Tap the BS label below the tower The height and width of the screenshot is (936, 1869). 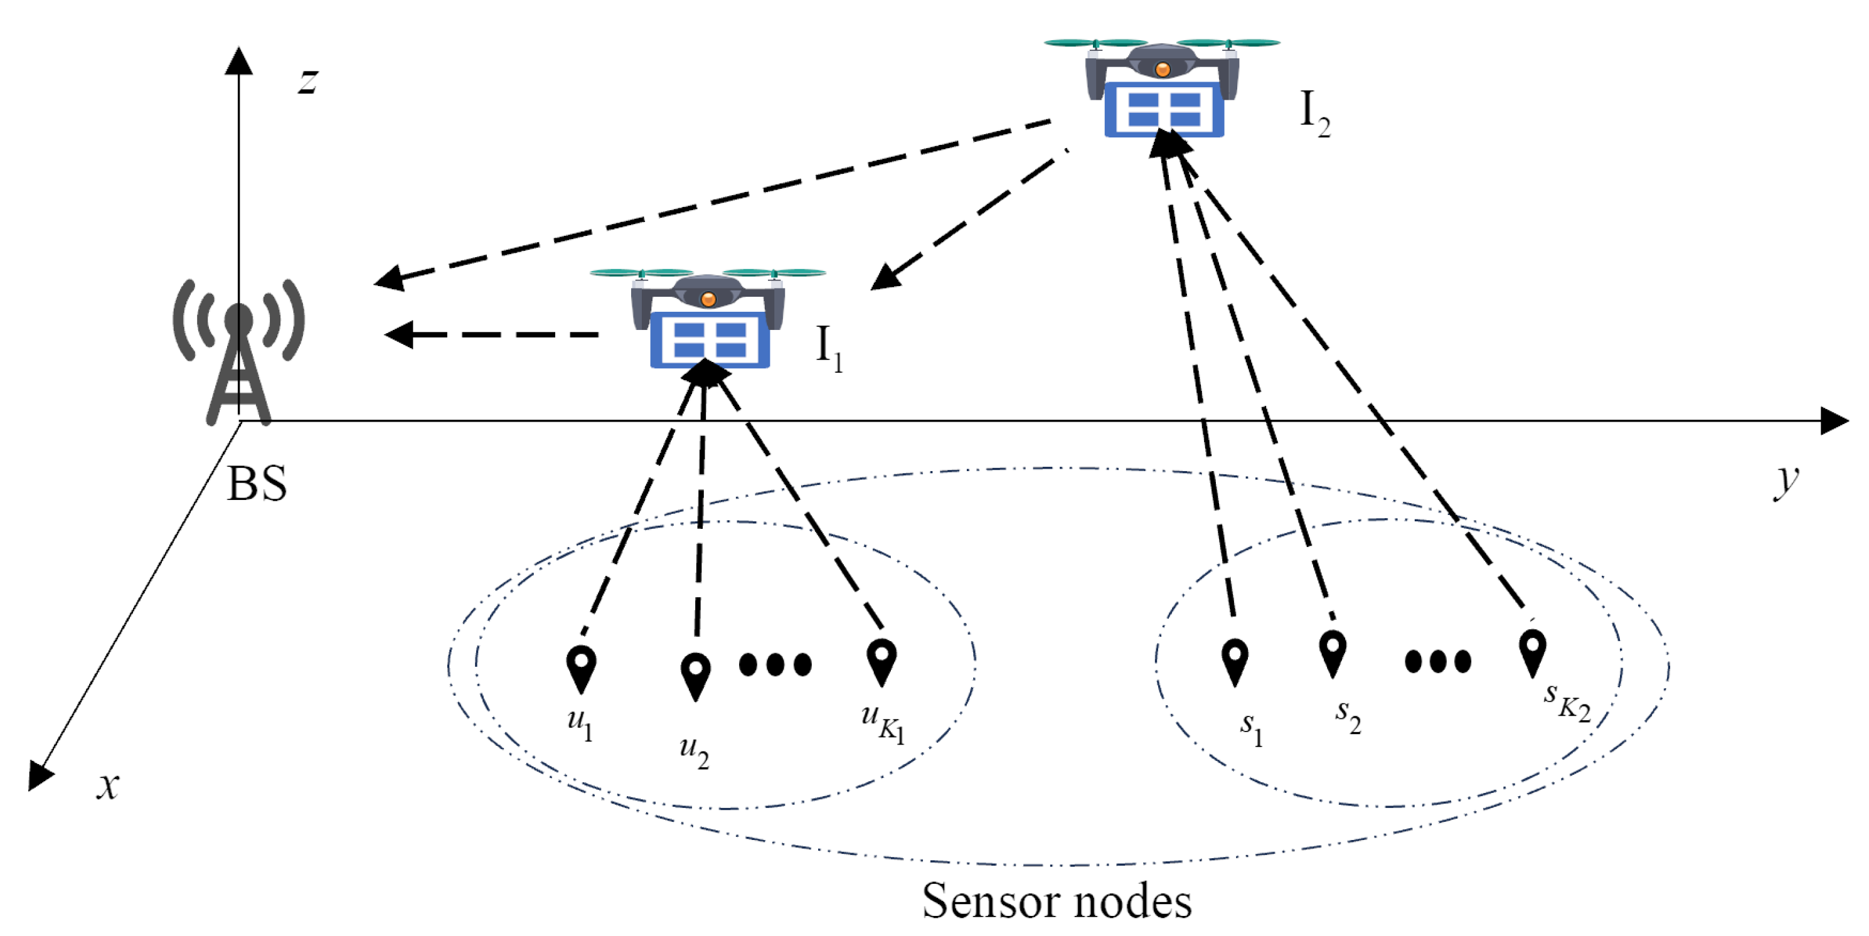(x=257, y=484)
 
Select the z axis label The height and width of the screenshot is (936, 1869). (x=308, y=80)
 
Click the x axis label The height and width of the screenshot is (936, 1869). (x=107, y=785)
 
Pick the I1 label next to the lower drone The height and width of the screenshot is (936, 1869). (x=829, y=348)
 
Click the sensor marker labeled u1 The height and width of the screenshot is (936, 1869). (x=581, y=667)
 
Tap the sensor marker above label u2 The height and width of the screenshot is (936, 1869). (x=695, y=676)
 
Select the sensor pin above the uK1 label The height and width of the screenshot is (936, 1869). (x=881, y=660)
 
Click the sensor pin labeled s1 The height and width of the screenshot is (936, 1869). (x=1234, y=660)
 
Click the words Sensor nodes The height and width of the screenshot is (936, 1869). (x=1057, y=901)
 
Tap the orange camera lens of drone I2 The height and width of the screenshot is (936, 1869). (x=1163, y=70)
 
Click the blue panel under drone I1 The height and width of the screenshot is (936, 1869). (x=710, y=340)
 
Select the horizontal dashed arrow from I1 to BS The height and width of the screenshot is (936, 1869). (x=493, y=334)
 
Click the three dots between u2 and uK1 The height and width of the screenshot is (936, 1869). (x=775, y=664)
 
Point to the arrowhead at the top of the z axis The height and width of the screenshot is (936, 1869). (x=238, y=61)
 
